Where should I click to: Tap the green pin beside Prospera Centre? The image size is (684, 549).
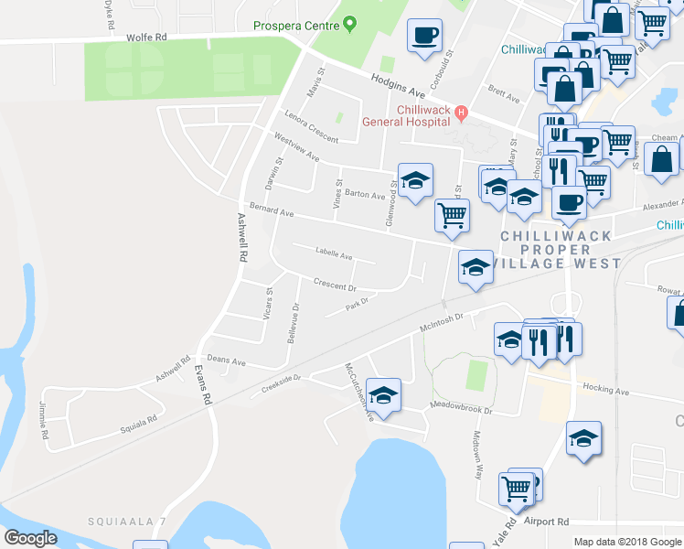[x=349, y=25]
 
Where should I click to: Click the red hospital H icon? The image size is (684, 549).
[x=462, y=113]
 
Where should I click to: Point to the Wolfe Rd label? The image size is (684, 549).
[x=147, y=38]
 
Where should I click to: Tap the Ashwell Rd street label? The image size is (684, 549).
[x=243, y=239]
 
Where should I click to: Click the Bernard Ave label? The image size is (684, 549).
[x=273, y=210]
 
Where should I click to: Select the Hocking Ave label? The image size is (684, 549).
[x=605, y=390]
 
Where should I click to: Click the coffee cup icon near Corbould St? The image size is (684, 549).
[x=424, y=37]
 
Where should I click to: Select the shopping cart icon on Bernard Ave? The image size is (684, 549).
[x=452, y=216]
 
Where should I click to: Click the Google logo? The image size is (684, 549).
[x=30, y=538]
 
